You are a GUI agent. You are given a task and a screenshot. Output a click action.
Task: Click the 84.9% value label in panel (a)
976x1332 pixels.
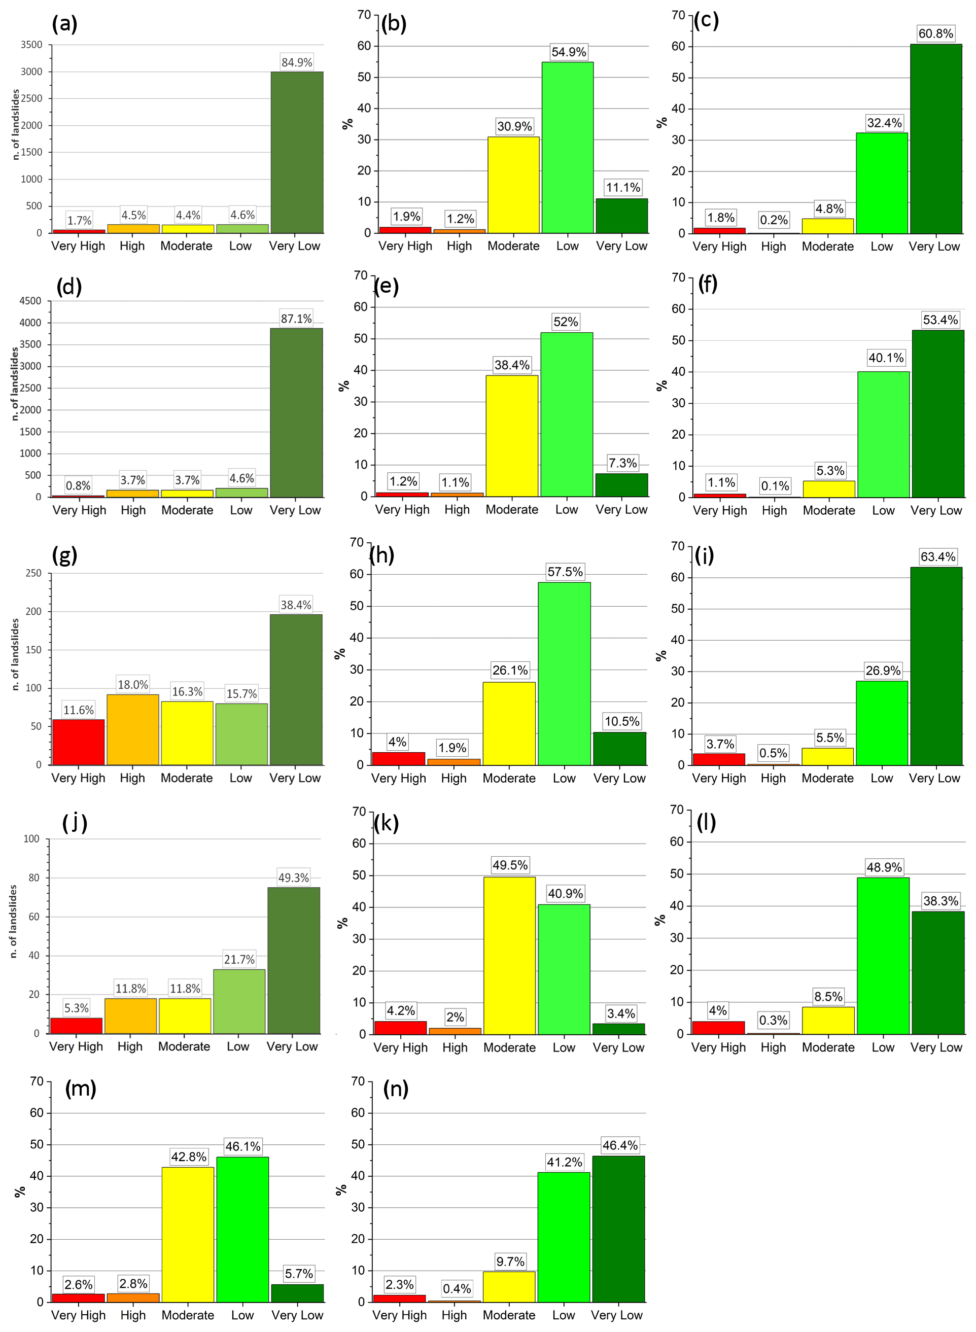(297, 62)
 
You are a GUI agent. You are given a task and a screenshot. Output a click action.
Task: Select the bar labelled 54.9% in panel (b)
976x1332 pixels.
(567, 148)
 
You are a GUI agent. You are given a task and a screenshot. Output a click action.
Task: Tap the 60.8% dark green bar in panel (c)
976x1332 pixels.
(936, 139)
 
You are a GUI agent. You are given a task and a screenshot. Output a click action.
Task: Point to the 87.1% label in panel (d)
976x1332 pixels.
(296, 319)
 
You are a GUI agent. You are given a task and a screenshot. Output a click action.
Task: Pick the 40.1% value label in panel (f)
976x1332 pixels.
(886, 358)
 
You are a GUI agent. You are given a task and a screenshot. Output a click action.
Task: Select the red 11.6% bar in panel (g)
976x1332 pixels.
(79, 742)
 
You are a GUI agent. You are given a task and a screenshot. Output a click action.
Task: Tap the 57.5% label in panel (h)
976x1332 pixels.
(565, 571)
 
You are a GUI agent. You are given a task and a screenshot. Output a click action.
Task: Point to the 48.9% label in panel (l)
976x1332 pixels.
(884, 867)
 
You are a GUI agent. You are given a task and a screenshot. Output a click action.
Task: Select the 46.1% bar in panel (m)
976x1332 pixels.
(242, 1229)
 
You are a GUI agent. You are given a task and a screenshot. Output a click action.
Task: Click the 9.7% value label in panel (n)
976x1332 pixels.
(510, 1261)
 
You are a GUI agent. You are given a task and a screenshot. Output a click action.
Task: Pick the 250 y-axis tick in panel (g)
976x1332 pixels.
(33, 573)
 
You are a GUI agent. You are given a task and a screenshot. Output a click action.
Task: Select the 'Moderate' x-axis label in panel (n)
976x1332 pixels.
(509, 1315)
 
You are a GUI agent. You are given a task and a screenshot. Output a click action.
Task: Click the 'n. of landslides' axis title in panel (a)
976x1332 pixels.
(15, 125)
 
